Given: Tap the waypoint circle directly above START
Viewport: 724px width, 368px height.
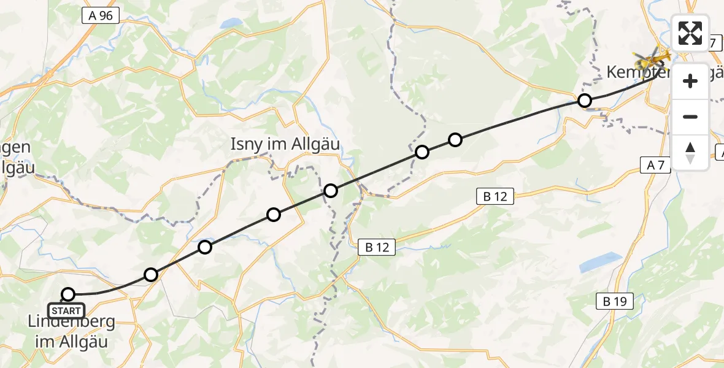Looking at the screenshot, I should pos(68,294).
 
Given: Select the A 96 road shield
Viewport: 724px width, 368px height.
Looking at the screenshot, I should pos(100,15).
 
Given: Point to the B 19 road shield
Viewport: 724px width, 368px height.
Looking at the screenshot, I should pos(615,301).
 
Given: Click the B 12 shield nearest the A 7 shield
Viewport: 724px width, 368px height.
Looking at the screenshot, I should pos(495,196).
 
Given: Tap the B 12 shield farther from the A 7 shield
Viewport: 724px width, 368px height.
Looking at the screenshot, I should pos(377,247).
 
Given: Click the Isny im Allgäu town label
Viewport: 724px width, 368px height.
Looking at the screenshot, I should pos(285,145).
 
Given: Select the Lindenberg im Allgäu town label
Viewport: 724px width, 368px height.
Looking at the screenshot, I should pos(67,331).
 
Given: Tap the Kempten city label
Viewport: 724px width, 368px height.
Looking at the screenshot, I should pos(638,72).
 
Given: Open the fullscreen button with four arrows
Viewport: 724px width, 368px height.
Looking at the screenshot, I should pos(690,33).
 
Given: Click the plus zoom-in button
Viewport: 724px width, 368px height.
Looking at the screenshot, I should pos(690,81).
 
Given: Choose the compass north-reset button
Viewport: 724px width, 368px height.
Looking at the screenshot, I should pos(690,152).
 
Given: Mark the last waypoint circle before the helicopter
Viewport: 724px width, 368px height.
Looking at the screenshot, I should pos(585,100).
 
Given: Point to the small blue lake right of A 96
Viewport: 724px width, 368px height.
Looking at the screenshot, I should pos(233,23).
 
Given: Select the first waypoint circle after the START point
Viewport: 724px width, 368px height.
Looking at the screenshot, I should pos(151,274).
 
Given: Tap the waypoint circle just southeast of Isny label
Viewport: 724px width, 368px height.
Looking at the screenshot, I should pos(331,191).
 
